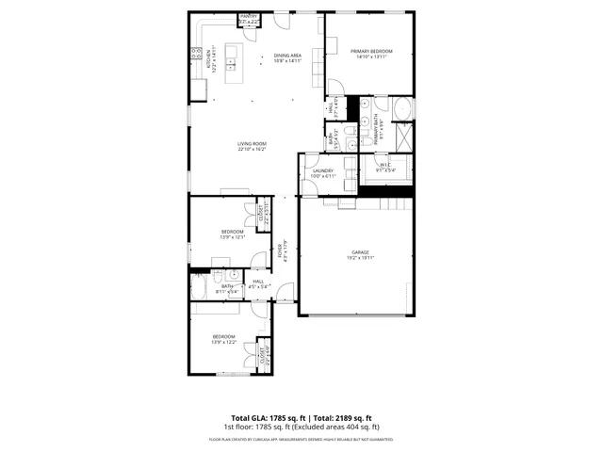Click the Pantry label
click(249, 17)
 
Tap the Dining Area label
click(287, 56)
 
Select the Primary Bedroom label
click(369, 51)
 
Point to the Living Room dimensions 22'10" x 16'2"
click(252, 149)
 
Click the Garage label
click(360, 252)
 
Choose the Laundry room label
click(323, 170)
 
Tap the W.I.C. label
click(384, 166)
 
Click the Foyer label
click(280, 252)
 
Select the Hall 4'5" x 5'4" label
click(259, 282)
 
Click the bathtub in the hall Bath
click(201, 284)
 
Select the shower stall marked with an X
click(403, 137)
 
